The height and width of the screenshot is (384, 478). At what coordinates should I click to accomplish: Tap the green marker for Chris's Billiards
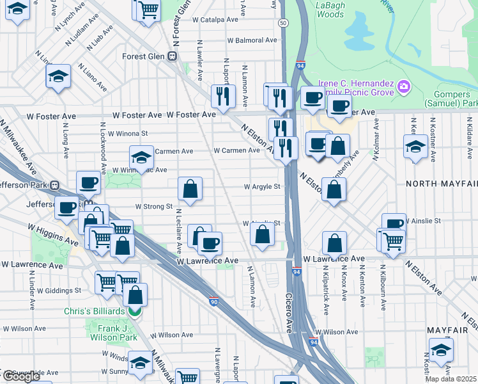point(134,312)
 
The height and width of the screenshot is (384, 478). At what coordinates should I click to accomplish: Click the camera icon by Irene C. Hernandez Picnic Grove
point(403,86)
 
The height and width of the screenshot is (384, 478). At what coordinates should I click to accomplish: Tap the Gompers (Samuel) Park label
point(451,98)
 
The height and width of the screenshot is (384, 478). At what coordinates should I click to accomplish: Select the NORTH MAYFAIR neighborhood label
point(442,184)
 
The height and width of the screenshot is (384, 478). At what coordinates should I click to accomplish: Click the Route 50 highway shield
point(282,22)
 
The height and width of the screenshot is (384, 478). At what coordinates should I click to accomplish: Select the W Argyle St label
point(262,187)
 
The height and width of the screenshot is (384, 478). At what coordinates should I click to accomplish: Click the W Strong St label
point(154,207)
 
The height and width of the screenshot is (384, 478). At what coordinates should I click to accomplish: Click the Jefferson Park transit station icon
point(55,186)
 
